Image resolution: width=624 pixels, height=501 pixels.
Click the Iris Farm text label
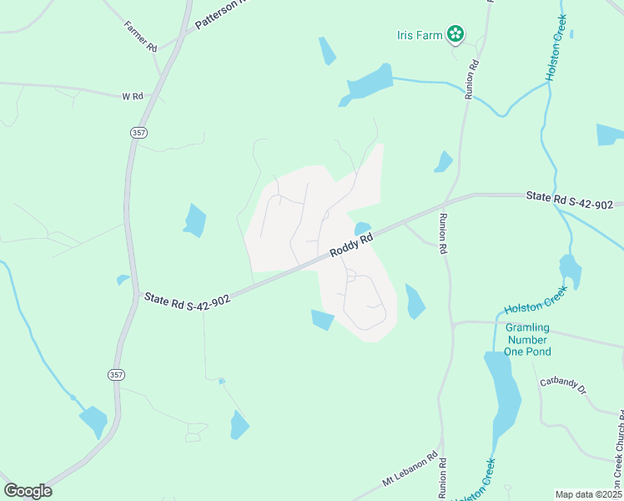click(420, 35)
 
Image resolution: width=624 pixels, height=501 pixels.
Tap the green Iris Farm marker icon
click(455, 34)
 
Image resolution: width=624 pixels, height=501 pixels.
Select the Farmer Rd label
click(141, 38)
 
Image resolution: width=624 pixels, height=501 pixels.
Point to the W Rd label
click(133, 97)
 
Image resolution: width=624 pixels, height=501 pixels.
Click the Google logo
click(28, 491)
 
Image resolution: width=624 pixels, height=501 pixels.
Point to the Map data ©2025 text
click(589, 494)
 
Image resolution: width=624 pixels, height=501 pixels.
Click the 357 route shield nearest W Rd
click(138, 132)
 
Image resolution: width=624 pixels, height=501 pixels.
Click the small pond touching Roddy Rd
click(362, 228)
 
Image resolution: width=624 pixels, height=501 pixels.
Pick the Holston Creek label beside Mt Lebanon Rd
click(484, 479)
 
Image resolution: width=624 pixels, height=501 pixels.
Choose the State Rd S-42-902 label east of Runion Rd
click(570, 200)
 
